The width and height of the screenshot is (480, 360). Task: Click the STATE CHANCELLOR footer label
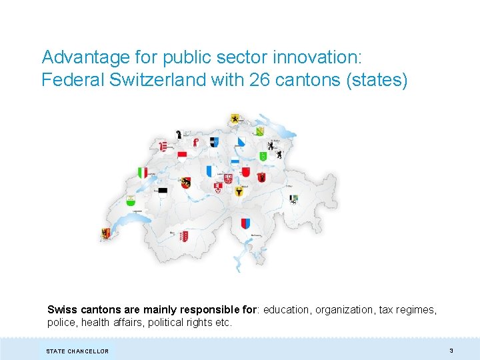point(77,351)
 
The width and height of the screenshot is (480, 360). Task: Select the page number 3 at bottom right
point(451,350)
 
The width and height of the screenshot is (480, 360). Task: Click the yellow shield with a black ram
point(234,119)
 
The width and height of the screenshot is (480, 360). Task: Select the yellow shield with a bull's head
point(239,191)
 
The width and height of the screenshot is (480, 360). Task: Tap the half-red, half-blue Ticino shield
point(245,223)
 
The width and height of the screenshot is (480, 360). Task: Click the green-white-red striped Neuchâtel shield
point(142,173)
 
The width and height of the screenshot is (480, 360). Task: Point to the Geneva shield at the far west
point(105,233)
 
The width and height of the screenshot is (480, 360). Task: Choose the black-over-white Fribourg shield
point(162,191)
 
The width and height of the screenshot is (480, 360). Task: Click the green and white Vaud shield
point(131,201)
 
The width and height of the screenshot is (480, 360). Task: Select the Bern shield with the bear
point(185,183)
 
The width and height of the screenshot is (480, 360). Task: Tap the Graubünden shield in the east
point(294,199)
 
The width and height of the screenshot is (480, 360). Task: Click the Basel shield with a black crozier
point(179,135)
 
